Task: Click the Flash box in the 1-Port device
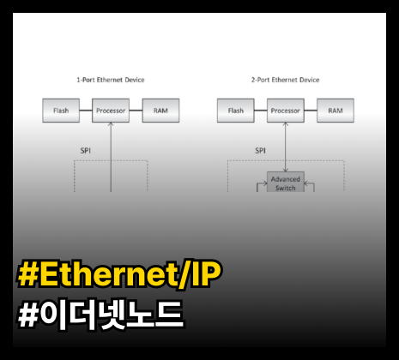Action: click(x=61, y=111)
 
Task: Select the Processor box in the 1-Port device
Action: click(x=111, y=111)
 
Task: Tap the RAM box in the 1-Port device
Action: click(x=160, y=111)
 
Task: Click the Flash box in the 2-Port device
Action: click(x=236, y=111)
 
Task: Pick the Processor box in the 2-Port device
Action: click(x=286, y=111)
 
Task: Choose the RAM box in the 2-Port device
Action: click(x=336, y=111)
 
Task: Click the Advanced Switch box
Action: click(x=286, y=182)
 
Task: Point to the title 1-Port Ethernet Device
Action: click(x=111, y=80)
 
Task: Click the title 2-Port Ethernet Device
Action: click(x=285, y=80)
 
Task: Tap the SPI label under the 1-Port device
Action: click(x=86, y=151)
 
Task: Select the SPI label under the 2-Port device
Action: click(x=260, y=151)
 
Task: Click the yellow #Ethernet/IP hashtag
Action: click(x=119, y=273)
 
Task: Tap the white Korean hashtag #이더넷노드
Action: click(x=100, y=315)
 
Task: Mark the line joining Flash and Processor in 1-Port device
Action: click(x=86, y=111)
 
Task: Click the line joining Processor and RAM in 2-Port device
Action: click(x=311, y=111)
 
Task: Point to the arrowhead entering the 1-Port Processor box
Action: click(x=111, y=124)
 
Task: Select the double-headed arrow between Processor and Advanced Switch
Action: click(x=285, y=147)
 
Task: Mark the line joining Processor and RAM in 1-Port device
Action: click(x=136, y=111)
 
